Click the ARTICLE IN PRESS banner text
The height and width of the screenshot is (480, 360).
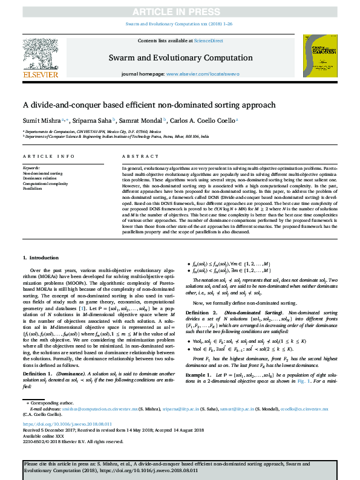pos(180,10)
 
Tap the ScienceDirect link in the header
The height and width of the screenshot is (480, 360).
pos(208,40)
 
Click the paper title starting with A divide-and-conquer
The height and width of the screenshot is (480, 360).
pos(149,104)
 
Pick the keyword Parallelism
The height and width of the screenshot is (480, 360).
pos(33,189)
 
